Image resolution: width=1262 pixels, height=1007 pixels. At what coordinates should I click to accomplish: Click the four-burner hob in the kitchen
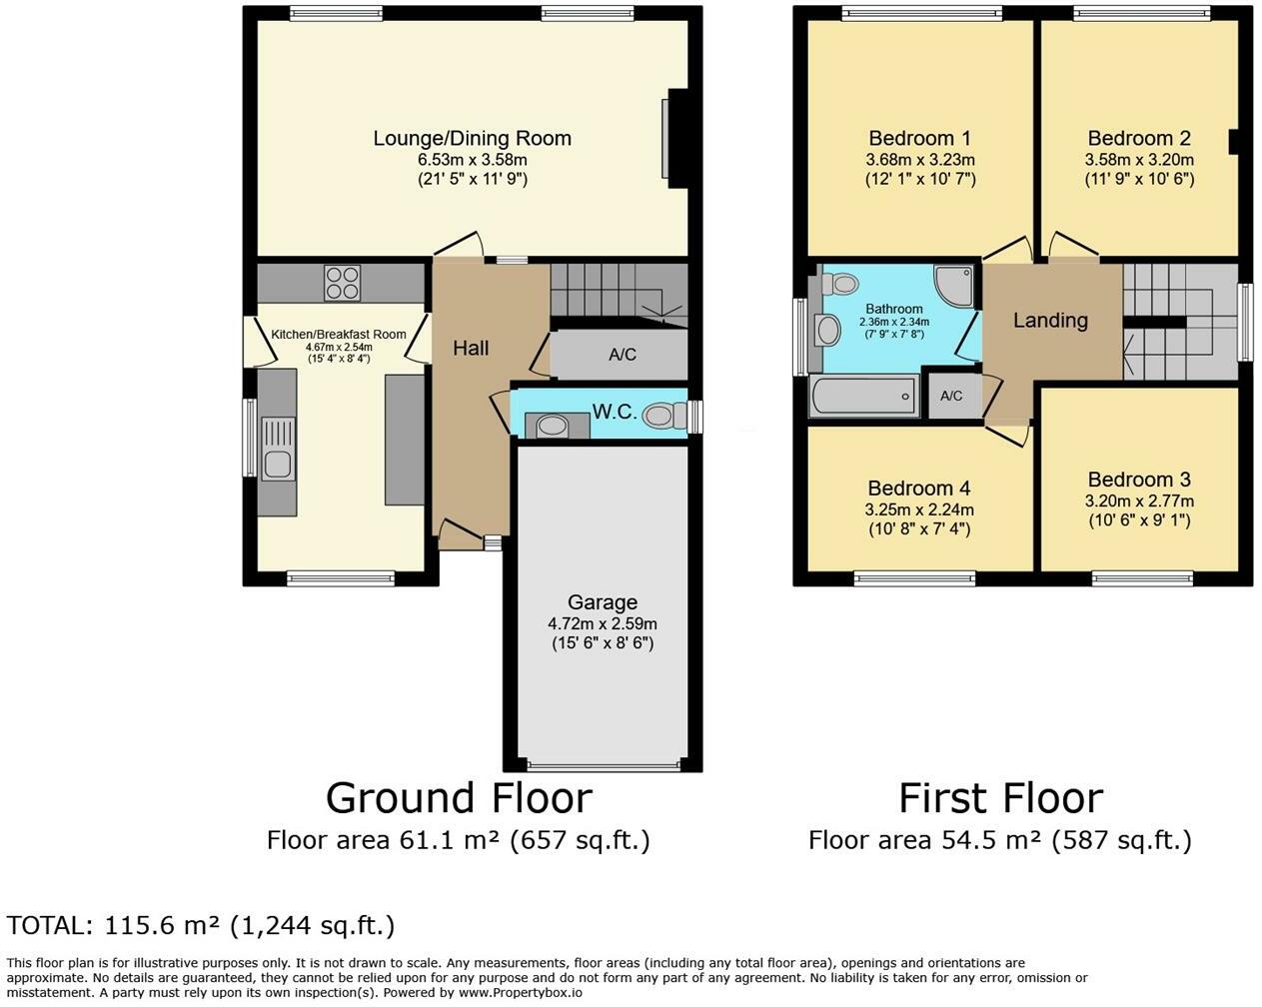pos(343,284)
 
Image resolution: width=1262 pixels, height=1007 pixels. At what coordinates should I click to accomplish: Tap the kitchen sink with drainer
pos(278,449)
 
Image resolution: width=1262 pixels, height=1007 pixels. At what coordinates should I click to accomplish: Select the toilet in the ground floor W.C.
pos(664,416)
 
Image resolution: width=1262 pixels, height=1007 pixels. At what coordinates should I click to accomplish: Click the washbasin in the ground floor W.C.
pos(552,426)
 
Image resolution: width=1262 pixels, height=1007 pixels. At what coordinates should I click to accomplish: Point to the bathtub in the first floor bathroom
pos(863,396)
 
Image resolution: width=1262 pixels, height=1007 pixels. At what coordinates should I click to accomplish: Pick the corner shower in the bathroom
pos(954,285)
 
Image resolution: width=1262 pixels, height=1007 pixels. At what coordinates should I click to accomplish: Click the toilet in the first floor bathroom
pos(839,284)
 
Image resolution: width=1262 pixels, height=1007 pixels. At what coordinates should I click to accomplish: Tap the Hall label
pos(471,349)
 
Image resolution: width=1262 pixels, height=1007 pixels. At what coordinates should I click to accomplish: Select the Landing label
pos(1050,321)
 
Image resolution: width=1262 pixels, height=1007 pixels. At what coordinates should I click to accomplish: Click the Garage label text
pos(603,602)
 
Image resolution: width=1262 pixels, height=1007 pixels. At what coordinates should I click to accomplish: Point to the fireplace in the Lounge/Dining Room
pos(675,139)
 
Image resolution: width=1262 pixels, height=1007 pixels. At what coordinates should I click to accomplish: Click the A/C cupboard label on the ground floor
pos(623,355)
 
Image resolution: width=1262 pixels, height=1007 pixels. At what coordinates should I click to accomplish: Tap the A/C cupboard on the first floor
pos(951,396)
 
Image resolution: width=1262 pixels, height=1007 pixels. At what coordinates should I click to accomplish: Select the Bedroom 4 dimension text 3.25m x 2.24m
pos(919,509)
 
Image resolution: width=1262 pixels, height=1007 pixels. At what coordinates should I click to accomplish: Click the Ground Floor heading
pos(459,799)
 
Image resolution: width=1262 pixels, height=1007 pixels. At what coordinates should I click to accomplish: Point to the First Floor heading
pos(1000,799)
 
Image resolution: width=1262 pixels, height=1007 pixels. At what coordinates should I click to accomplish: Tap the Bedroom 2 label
pos(1139,139)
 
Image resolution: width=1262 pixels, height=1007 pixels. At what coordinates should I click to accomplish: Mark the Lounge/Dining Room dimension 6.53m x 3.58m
pos(472,160)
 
